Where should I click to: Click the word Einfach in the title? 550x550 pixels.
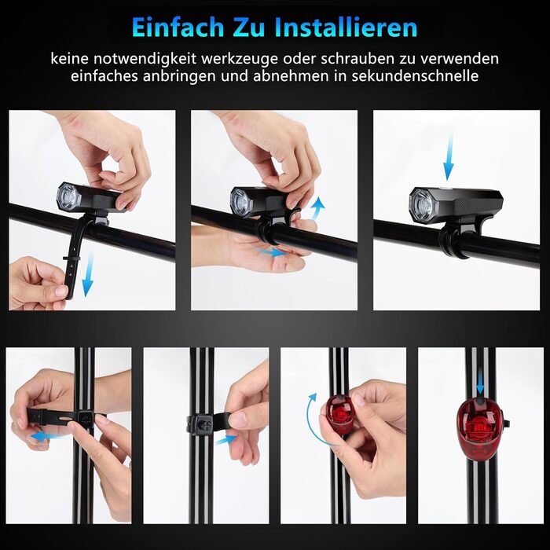point(178,27)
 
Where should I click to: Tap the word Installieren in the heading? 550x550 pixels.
point(346,27)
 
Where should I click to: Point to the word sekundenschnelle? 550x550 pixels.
point(415,75)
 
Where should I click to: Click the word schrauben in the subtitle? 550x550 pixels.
point(357,58)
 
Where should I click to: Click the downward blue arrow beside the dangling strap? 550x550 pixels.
point(88,273)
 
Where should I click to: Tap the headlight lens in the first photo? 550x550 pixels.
point(68,197)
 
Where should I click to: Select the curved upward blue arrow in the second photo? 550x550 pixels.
point(317,208)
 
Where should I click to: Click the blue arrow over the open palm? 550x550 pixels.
point(271,251)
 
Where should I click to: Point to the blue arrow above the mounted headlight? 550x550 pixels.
point(449,157)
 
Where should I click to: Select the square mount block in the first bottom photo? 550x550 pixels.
point(85,418)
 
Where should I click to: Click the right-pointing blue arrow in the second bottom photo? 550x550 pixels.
point(226,440)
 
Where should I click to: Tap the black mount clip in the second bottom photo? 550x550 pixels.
point(200,423)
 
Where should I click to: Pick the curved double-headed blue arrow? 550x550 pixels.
point(311,419)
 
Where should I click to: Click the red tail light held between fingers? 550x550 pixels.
point(339,414)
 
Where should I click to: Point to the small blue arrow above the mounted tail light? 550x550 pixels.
point(480,383)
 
